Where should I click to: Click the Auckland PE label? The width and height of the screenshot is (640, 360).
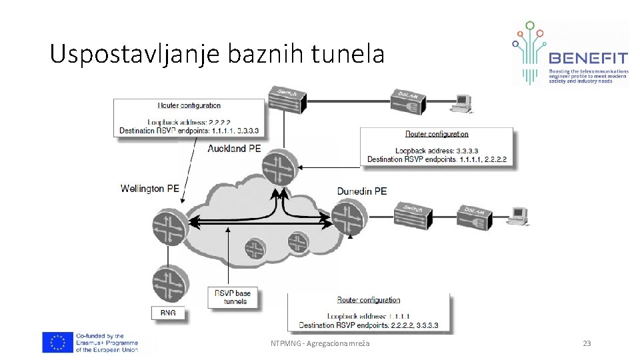(234, 149)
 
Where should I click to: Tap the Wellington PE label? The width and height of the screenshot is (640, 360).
(150, 189)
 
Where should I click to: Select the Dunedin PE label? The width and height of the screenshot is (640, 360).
(362, 191)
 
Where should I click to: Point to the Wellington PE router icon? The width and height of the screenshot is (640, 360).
(167, 223)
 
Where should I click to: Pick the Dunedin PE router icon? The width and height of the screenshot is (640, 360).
(349, 219)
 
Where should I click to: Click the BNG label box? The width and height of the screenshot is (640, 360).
(168, 313)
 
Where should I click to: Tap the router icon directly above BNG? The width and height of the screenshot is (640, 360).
(167, 283)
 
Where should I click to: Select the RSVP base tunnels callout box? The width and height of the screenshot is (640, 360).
(233, 297)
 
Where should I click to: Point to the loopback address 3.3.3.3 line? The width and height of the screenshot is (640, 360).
(436, 151)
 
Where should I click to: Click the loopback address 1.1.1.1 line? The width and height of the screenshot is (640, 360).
(368, 316)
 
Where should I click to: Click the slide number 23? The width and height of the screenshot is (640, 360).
(587, 343)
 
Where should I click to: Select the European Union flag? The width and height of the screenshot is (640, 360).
(57, 342)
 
